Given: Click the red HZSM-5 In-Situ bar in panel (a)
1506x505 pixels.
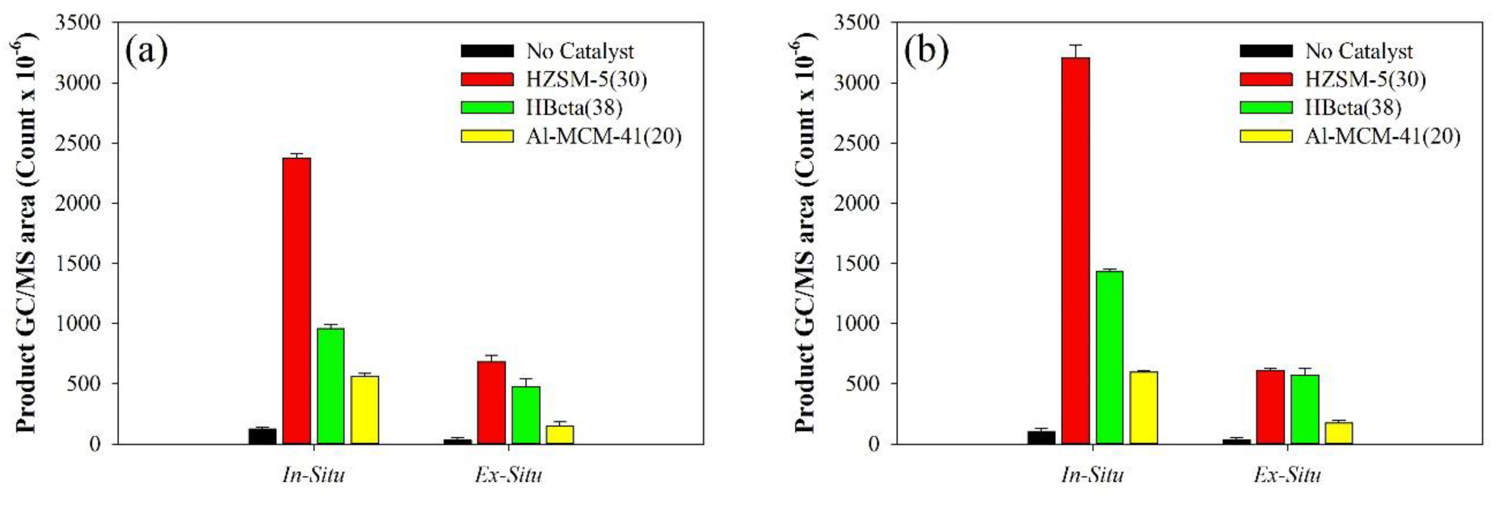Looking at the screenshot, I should tap(296, 300).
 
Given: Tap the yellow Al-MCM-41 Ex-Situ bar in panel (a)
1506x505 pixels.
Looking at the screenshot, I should tap(560, 434).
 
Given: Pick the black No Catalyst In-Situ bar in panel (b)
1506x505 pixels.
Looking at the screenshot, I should tap(1041, 437).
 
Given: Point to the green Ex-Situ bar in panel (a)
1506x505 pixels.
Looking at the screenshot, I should tap(525, 415).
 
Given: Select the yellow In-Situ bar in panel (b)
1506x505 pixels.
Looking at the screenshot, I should tap(1143, 407).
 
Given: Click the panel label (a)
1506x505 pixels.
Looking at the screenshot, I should tap(146, 52).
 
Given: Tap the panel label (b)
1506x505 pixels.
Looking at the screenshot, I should tap(926, 52).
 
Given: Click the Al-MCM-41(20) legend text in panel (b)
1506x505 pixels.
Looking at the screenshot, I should tap(1382, 136).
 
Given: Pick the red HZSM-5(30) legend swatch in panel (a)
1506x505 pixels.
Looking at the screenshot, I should tap(487, 79).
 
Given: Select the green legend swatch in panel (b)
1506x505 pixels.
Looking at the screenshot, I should tap(1266, 107).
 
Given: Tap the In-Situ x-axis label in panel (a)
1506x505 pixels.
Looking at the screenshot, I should tap(313, 475).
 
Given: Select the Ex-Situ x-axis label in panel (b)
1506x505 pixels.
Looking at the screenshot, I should tap(1287, 475).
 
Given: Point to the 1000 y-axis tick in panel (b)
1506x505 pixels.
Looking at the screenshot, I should tap(857, 323).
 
